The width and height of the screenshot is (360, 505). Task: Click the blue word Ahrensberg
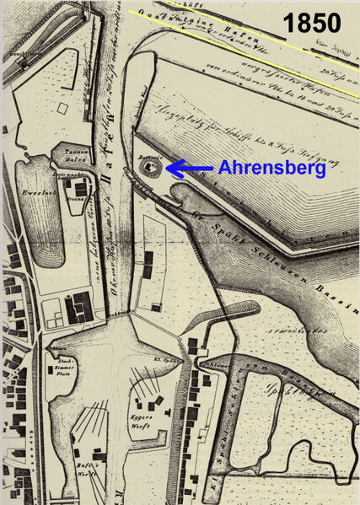(x=271, y=169)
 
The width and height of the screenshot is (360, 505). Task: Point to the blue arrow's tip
(x=168, y=169)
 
